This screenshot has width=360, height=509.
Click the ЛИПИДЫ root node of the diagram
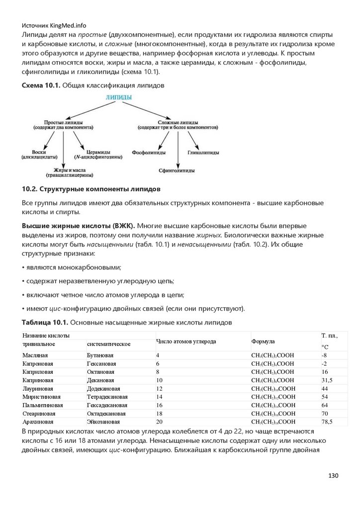pos(119,98)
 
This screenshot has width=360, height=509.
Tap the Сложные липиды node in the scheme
pos(177,125)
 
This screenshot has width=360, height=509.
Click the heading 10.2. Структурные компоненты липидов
pos(91,189)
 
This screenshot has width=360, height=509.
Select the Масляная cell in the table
pos(34,355)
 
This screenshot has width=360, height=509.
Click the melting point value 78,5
pos(327,422)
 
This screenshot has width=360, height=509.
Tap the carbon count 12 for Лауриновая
pos(160,388)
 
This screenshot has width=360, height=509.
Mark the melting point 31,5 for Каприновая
pos(327,380)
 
